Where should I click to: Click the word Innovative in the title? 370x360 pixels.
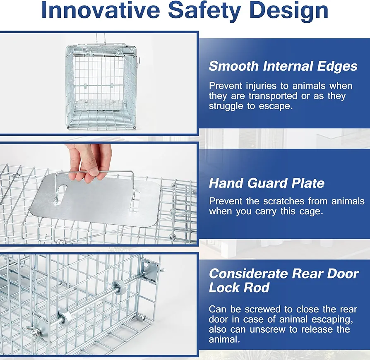[100, 10]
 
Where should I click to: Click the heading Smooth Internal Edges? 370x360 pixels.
[283, 66]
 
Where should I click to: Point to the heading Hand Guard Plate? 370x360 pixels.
[267, 183]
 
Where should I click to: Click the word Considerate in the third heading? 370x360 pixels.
[248, 274]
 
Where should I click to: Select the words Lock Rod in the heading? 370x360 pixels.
[239, 288]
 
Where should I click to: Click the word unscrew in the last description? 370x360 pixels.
[264, 329]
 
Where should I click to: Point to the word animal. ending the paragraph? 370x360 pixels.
[224, 339]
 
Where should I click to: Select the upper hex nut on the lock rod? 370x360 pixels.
[120, 287]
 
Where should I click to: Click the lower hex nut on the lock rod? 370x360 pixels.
[64, 317]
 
